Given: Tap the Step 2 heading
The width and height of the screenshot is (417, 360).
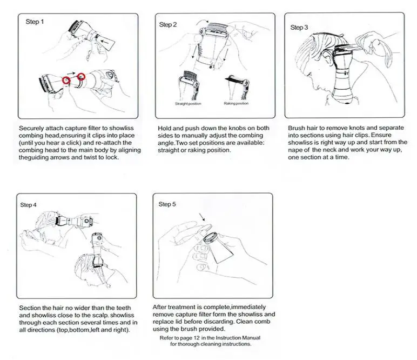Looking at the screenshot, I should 167,25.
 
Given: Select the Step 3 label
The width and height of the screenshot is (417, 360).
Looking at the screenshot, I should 299,27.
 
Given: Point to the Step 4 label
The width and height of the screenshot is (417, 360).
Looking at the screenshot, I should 29,205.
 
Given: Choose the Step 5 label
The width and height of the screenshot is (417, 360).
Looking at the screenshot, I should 167,204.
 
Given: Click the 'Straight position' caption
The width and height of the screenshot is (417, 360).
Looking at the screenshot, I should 188,103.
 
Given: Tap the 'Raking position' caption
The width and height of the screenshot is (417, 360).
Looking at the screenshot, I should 236,103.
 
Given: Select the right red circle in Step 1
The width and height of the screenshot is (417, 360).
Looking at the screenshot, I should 82,77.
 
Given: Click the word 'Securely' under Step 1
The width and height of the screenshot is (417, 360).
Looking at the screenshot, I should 32,128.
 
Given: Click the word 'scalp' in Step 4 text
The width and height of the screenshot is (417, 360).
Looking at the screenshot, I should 100,315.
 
